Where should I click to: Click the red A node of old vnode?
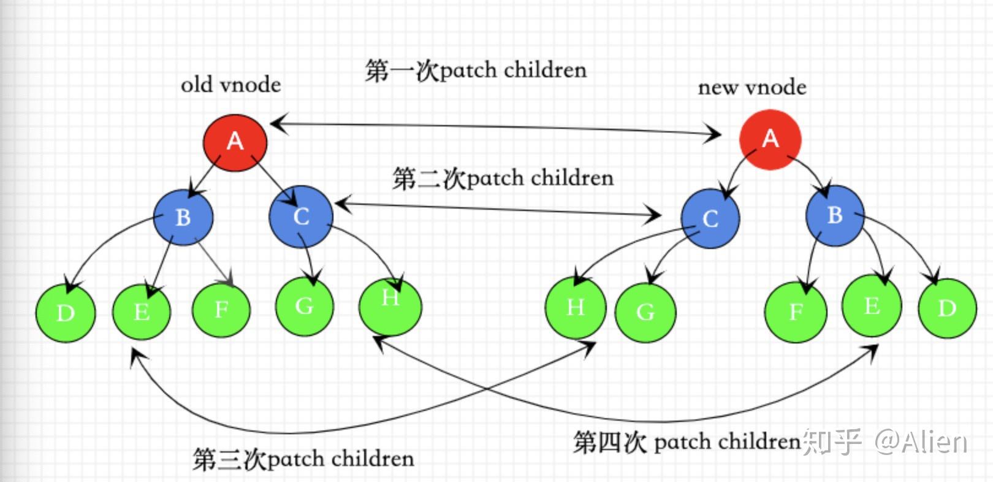(235, 142)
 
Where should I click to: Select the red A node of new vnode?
(770, 139)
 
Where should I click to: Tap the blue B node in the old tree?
(183, 217)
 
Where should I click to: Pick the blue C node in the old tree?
(301, 216)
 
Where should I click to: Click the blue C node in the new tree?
(710, 218)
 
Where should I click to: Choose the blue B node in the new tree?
(835, 215)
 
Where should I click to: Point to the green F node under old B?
(221, 310)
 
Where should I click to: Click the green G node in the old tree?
(304, 307)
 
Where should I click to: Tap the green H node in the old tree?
(390, 306)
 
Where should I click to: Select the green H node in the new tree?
(576, 307)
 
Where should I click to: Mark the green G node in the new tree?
(645, 313)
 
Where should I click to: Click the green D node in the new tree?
(948, 308)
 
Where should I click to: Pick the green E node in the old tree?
(142, 312)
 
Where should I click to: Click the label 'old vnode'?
(231, 85)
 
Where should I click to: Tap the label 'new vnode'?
(752, 87)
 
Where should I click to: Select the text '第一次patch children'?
(476, 71)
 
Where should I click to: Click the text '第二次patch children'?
(503, 178)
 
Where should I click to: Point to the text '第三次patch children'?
(303, 459)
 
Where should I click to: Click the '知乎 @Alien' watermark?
(885, 442)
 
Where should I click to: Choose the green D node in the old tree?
(66, 313)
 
